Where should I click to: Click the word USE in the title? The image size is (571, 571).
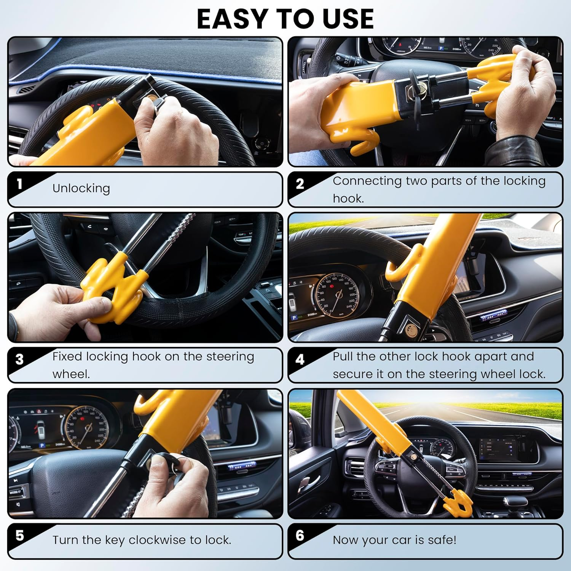(x=348, y=19)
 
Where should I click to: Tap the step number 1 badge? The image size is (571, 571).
(x=19, y=184)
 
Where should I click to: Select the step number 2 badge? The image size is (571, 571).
(x=300, y=184)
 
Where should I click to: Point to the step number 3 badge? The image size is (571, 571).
(x=19, y=359)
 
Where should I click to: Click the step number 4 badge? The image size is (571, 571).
(x=300, y=359)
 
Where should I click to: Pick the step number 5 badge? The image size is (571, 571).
(x=19, y=536)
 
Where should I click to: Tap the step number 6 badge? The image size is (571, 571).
(x=300, y=536)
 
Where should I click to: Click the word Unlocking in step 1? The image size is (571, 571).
(x=81, y=188)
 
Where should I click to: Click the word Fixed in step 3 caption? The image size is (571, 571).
(x=67, y=357)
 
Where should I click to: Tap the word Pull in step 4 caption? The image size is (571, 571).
(x=343, y=357)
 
